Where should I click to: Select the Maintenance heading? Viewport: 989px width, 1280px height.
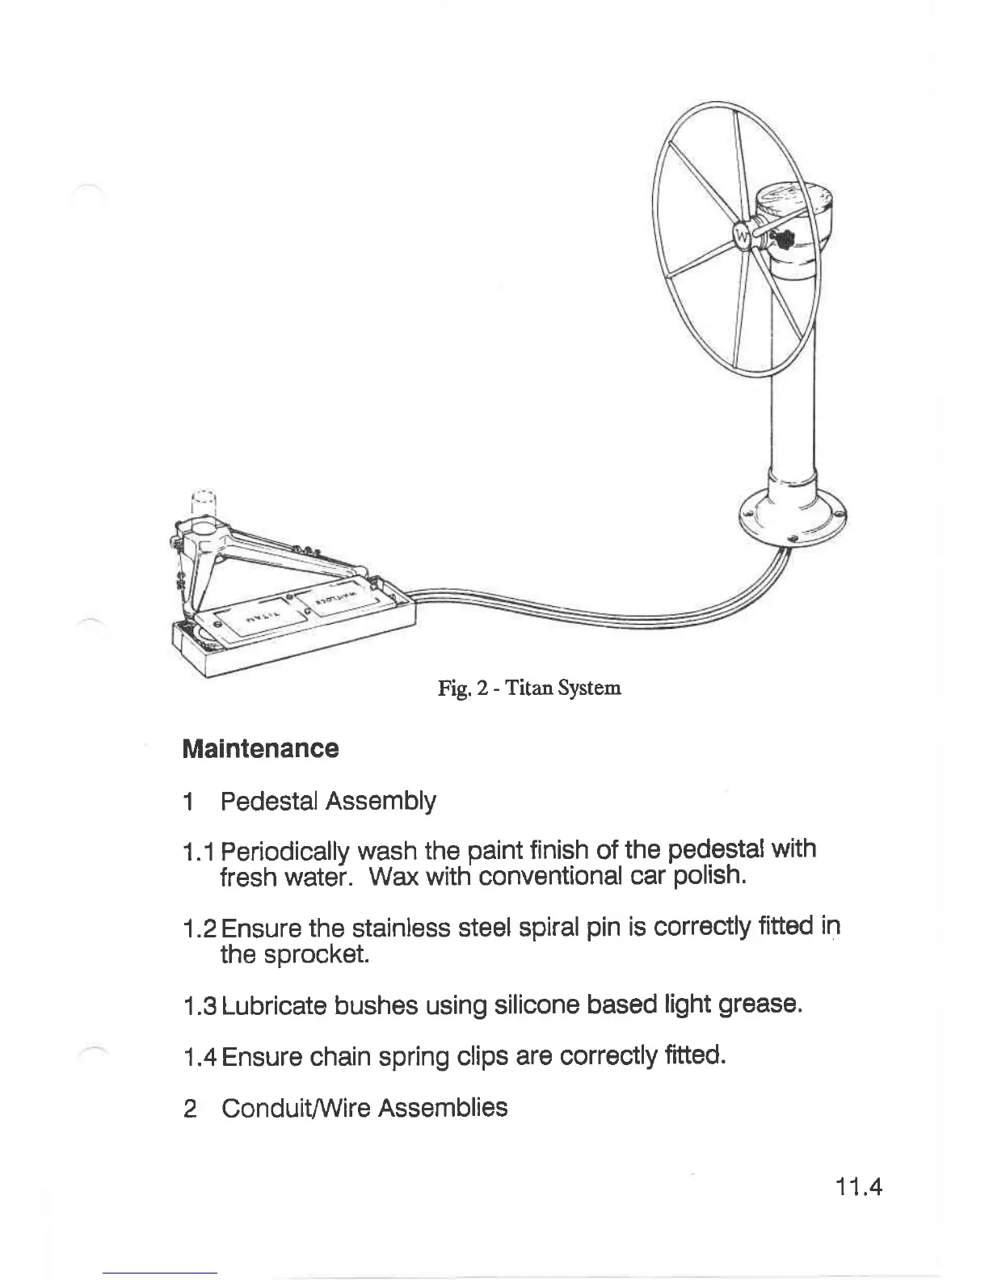(260, 748)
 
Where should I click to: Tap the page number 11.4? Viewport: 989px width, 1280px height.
(859, 1188)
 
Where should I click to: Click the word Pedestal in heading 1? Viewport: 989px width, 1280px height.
(269, 801)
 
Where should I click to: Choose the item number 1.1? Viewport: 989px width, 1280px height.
(200, 851)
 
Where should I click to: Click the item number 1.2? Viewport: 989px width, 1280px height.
(200, 928)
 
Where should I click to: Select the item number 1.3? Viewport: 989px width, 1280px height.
(200, 1006)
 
